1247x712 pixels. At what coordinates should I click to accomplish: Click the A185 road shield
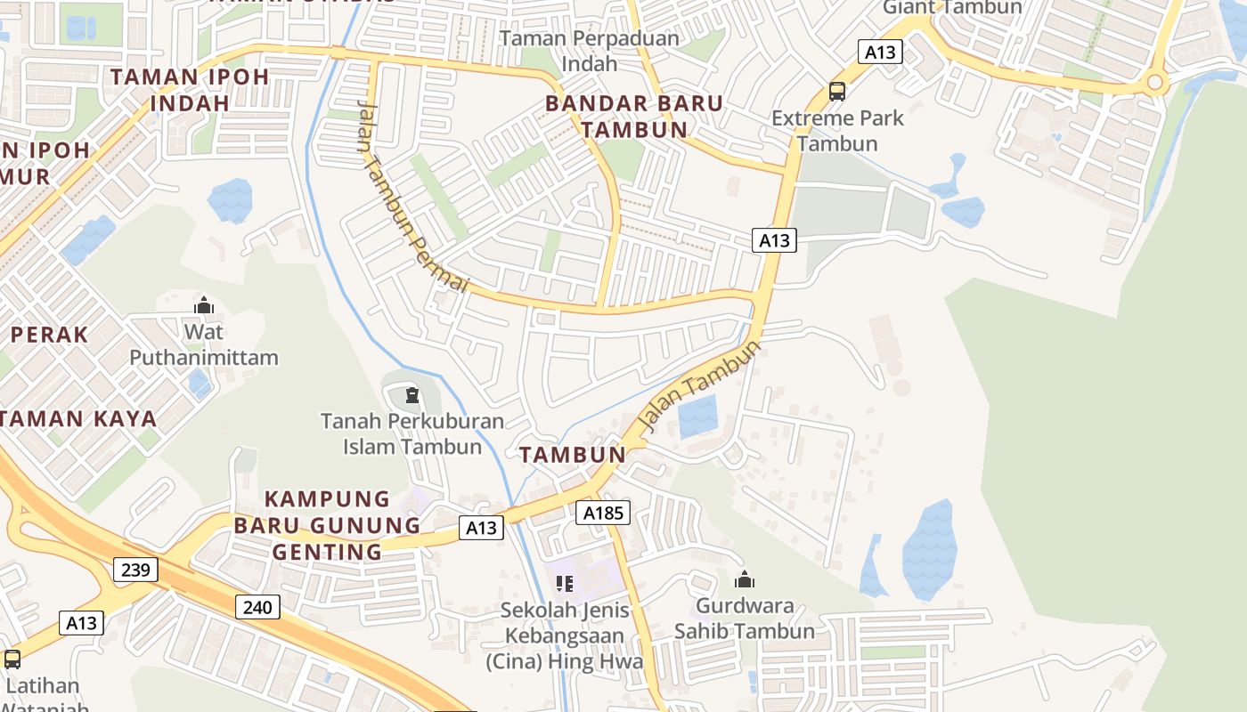(603, 513)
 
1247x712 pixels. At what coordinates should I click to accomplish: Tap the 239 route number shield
(135, 569)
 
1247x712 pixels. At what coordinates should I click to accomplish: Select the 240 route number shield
(258, 608)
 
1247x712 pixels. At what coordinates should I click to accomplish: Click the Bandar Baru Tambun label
(634, 117)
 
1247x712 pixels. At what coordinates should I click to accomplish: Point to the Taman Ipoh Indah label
(190, 89)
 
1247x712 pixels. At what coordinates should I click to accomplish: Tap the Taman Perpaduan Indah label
(590, 51)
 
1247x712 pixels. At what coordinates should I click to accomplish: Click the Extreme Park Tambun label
(837, 130)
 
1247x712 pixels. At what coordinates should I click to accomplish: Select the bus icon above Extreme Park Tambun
(837, 91)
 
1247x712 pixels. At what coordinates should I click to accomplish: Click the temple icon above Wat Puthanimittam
(204, 305)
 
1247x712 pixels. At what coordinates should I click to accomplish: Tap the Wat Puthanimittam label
(204, 344)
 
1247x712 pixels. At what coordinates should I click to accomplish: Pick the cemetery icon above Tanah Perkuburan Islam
(412, 394)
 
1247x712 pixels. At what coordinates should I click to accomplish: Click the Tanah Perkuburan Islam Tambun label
(412, 433)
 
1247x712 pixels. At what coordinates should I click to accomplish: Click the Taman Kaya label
(80, 418)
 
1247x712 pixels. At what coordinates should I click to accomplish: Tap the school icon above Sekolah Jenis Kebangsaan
(564, 584)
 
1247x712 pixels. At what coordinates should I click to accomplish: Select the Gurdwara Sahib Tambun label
(745, 619)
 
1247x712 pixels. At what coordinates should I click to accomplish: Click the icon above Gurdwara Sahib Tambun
(745, 580)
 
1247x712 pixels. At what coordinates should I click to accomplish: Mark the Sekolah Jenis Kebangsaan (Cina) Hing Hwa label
(565, 635)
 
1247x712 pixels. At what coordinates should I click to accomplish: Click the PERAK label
(50, 335)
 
